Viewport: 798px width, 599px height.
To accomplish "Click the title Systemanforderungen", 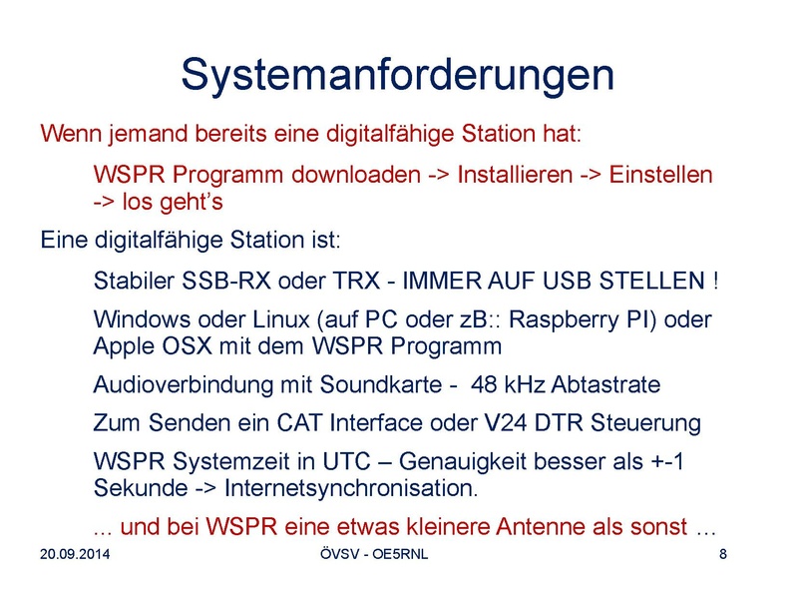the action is (397, 76).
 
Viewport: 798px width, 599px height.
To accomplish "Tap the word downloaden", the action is (356, 175).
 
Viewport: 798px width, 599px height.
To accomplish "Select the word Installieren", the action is (515, 175).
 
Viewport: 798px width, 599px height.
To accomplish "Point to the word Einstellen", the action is (660, 175).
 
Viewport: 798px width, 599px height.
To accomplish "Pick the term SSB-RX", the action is (226, 281).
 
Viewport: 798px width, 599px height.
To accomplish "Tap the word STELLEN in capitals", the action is (652, 281).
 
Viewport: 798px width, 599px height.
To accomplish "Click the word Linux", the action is (281, 319).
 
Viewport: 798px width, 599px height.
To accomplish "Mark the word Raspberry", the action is (564, 319).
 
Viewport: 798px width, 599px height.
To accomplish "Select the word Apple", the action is (124, 346).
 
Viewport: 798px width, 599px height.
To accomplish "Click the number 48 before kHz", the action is (484, 385).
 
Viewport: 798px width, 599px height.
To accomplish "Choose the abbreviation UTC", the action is (346, 462).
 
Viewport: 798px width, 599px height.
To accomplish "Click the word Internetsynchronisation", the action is (351, 488).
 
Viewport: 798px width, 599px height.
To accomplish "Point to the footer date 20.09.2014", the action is (75, 554).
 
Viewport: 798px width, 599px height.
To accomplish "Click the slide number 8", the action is (723, 554).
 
